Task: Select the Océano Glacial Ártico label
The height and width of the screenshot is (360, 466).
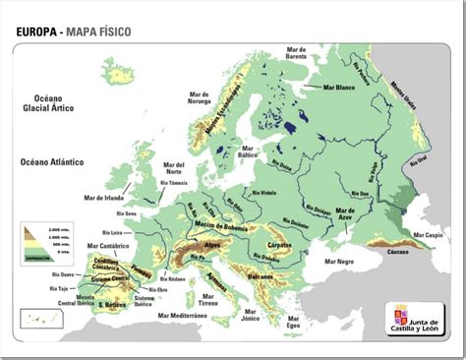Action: [x=49, y=105]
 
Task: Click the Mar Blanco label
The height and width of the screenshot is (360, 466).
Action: [x=339, y=87]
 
